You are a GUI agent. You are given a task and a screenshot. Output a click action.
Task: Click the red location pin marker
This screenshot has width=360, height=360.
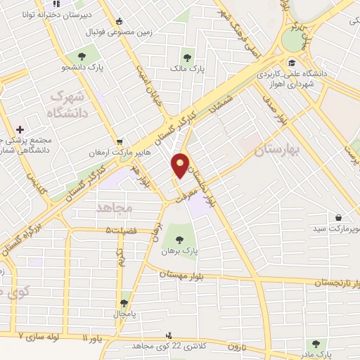(182, 165)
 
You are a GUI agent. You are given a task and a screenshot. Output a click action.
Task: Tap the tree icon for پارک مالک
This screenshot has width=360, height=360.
(187, 58)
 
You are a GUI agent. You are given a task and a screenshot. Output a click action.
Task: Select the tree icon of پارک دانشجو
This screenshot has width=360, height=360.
(83, 56)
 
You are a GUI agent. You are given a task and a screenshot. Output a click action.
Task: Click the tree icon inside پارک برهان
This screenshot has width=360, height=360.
(184, 237)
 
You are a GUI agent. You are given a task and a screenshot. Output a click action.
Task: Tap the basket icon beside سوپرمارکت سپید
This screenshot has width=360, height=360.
(339, 217)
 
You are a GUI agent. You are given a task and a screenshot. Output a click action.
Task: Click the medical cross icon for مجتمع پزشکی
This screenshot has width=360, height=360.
(20, 129)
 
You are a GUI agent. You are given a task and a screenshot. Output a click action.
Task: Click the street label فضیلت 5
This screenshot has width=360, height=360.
(122, 230)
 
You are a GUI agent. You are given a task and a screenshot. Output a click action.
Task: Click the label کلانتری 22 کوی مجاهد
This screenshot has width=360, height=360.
(151, 346)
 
